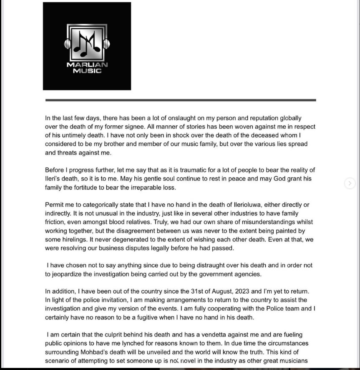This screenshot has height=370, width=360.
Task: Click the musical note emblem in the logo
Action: tap(87, 43)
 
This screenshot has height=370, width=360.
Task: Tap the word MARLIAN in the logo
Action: tap(87, 65)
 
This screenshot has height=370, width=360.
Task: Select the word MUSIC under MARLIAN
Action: tap(87, 71)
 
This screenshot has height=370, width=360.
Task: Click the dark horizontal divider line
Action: tap(180, 100)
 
